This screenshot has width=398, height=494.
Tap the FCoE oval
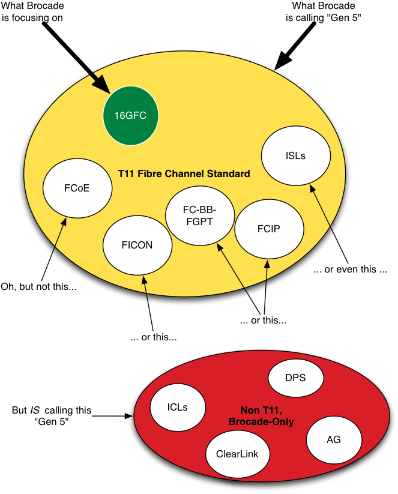click(x=77, y=188)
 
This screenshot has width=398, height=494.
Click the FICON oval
click(x=137, y=245)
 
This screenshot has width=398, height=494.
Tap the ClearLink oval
click(x=237, y=454)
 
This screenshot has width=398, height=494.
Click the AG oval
click(x=334, y=440)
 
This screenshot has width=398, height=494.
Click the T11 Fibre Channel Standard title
click(x=184, y=174)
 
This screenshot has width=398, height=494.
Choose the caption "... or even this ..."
click(x=354, y=269)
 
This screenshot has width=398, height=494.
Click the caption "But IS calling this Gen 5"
click(x=52, y=415)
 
